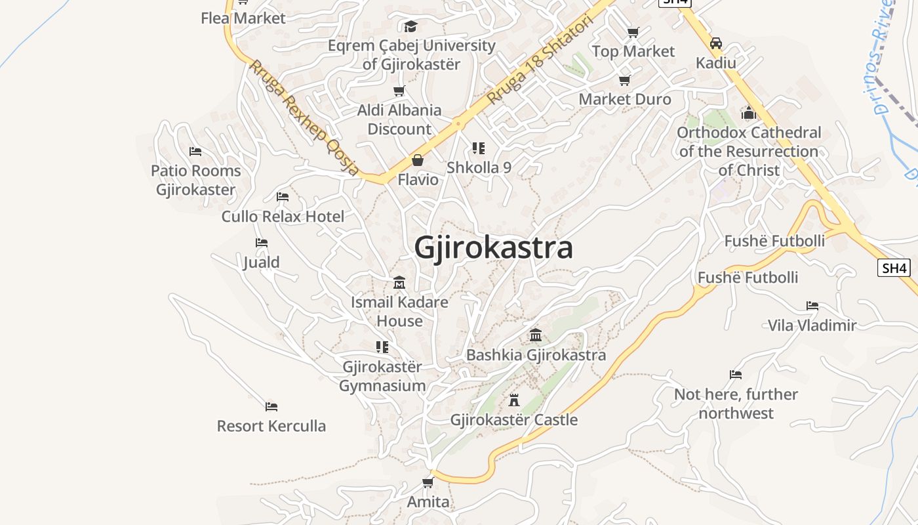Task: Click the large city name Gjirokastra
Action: [493, 248]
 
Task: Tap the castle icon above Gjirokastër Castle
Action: [514, 400]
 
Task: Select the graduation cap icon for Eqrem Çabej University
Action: [411, 26]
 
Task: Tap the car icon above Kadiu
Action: [716, 43]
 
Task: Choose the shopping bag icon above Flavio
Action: [418, 160]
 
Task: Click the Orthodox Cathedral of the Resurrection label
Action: [749, 152]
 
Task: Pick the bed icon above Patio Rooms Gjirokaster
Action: [195, 151]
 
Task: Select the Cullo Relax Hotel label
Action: [283, 217]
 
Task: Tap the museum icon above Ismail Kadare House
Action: [399, 283]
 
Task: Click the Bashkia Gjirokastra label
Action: [536, 355]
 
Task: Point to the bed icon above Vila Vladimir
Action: [812, 306]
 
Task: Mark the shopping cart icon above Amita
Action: [428, 483]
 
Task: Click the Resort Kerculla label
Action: [271, 426]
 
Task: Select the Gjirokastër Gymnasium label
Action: [382, 376]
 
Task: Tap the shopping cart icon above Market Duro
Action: [625, 80]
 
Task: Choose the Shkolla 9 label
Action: [479, 167]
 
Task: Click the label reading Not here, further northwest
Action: [736, 404]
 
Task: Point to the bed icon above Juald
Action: [262, 243]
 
